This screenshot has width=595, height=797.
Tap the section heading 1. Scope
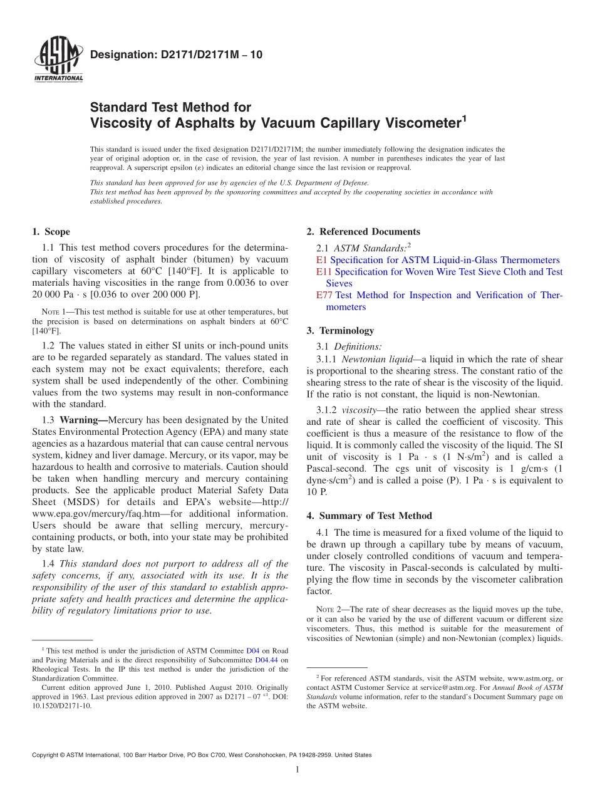[x=51, y=232]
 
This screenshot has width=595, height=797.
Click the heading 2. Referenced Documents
[x=363, y=232]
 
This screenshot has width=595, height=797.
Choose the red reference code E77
[x=324, y=295]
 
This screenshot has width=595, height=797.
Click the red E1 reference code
[x=322, y=260]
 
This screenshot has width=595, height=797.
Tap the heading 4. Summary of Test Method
[x=369, y=516]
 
